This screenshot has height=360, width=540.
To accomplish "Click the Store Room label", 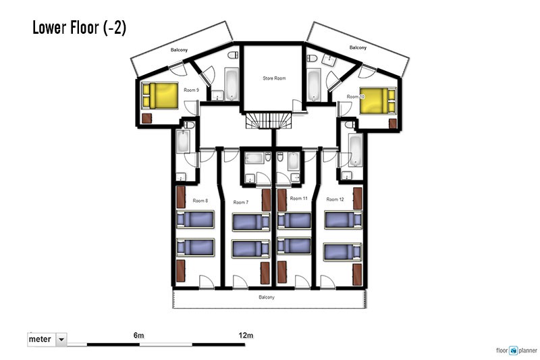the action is (274, 78).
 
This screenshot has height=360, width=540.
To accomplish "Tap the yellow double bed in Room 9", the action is (160, 95).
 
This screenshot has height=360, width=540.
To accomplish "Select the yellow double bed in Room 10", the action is (378, 101).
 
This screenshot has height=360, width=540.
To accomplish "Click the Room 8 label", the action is (200, 201).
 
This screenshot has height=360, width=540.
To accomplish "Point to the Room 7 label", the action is (241, 202).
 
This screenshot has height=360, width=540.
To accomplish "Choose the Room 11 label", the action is (298, 199).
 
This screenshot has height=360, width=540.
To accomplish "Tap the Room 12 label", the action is (335, 199).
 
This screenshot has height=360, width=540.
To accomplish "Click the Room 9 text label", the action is (191, 90).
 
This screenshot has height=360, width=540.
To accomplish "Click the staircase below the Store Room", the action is (269, 121).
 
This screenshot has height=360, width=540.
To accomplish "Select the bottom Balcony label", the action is (267, 297).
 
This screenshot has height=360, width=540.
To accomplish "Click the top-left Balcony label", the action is (179, 50).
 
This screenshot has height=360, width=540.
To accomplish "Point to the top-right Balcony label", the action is (358, 47).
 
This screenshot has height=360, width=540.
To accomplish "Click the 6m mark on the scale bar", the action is (139, 335).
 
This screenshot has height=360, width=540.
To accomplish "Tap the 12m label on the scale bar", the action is (246, 335).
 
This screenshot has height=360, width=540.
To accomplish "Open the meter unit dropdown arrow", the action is (61, 339).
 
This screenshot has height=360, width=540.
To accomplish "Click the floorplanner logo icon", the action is (514, 351).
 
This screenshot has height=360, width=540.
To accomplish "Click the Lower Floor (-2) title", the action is (79, 28).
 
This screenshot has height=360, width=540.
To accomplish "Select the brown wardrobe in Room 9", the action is (146, 118).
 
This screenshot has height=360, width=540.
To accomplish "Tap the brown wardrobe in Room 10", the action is (393, 124).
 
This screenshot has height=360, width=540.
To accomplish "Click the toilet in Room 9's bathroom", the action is (234, 55).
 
